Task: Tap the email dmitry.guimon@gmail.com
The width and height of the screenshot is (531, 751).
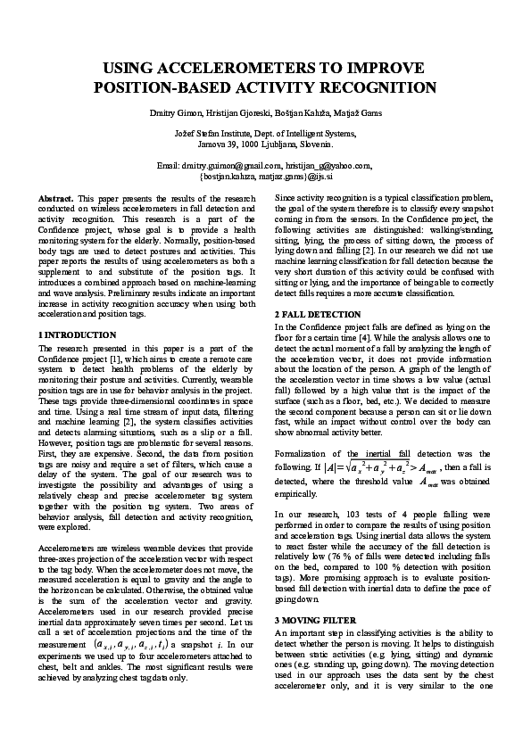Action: coord(231,166)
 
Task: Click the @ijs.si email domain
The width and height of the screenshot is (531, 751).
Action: coord(318,176)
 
